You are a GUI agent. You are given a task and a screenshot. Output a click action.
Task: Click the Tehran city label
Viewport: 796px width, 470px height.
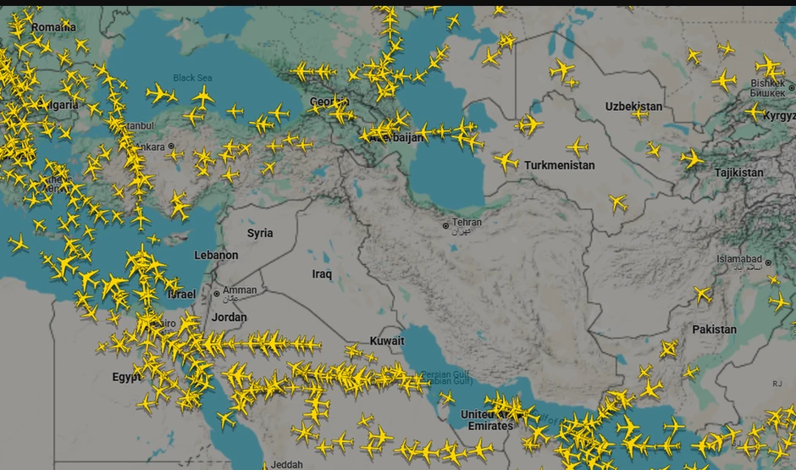pos(467,223)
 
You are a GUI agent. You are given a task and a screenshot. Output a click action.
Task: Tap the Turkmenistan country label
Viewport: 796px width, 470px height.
pos(559,165)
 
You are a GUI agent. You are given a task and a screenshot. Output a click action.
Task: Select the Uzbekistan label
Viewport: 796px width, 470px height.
pos(633,106)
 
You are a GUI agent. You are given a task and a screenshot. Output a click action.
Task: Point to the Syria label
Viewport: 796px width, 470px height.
pos(260,233)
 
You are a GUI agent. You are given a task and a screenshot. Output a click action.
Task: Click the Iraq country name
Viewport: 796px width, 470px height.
pos(322,274)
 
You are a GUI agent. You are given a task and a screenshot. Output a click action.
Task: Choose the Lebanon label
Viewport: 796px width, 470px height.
pos(216,255)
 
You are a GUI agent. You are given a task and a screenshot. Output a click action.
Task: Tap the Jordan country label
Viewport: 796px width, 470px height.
pos(229,318)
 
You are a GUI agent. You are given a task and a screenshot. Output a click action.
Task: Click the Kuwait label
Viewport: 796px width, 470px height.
pos(386,341)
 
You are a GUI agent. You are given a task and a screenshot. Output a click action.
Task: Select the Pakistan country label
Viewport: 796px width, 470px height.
pos(714,329)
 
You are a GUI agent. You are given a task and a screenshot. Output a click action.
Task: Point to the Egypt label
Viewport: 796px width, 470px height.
pos(127,377)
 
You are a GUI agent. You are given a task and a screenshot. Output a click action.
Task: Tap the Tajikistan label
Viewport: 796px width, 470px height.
pos(738,173)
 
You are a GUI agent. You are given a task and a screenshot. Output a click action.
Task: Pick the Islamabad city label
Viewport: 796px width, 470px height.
pos(739,259)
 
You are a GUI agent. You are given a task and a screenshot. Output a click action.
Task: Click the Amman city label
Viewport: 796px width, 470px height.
pos(240,290)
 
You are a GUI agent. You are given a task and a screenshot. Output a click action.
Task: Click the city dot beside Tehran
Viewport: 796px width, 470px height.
pos(445,225)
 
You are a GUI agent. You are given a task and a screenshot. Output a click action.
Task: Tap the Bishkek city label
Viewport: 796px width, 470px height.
pos(766,83)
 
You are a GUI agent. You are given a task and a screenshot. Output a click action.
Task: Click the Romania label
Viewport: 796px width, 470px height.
pos(53,27)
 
